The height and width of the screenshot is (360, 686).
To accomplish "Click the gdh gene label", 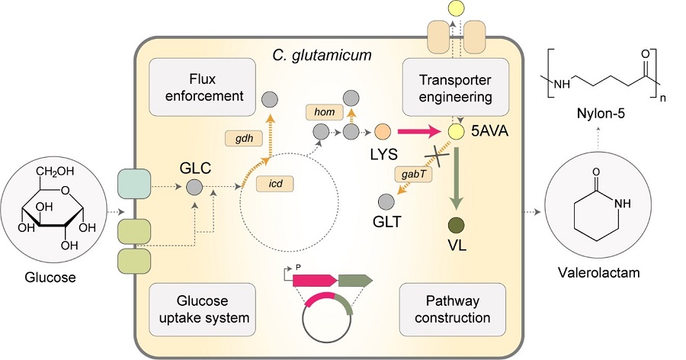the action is (x=244, y=139).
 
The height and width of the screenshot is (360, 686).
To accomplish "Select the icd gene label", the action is (x=274, y=184).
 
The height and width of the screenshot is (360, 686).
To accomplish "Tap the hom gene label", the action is (x=324, y=112).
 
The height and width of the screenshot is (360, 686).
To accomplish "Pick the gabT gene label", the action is (x=413, y=175).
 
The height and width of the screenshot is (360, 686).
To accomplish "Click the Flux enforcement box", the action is (x=202, y=87).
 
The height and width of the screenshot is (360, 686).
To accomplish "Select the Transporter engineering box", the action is (x=456, y=87).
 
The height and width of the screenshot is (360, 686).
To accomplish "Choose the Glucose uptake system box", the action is (x=202, y=309).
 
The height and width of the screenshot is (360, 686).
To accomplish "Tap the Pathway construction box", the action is (x=452, y=309).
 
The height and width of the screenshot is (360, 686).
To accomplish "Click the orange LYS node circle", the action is (x=383, y=131).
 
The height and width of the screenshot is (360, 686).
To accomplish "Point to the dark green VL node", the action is (x=457, y=226).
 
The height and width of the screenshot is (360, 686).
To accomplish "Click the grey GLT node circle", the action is (x=386, y=202).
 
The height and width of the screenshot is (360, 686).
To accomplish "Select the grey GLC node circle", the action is (x=194, y=188).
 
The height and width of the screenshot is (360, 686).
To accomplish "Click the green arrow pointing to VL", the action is (x=457, y=179).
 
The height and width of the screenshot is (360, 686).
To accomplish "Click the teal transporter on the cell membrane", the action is (x=134, y=184).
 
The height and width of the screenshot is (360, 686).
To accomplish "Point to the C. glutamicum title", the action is (x=322, y=56).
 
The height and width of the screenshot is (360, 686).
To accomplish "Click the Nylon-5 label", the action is (x=601, y=114).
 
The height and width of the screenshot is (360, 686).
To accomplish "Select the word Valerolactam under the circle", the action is (x=598, y=272).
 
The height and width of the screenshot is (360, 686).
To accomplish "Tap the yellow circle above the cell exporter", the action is (x=457, y=8).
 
